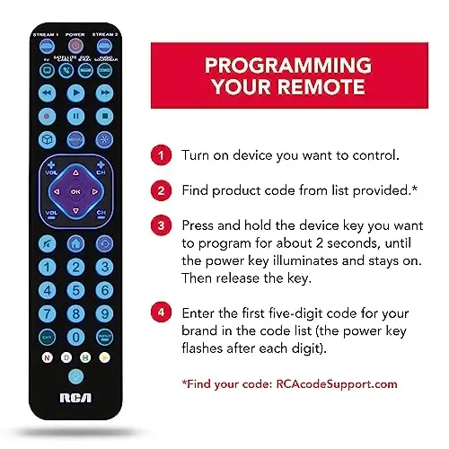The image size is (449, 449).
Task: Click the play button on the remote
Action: pos(75,92)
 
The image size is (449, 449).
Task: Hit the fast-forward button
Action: pos(106,92)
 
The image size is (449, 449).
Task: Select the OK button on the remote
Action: pos(75,191)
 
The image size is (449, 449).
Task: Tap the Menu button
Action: pos(75,140)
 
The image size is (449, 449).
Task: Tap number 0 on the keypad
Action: pos(75,337)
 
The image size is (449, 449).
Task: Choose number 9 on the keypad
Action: pos(106,313)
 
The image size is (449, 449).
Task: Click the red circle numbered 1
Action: pos(163,154)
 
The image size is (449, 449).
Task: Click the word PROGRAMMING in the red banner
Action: pos(287,66)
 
